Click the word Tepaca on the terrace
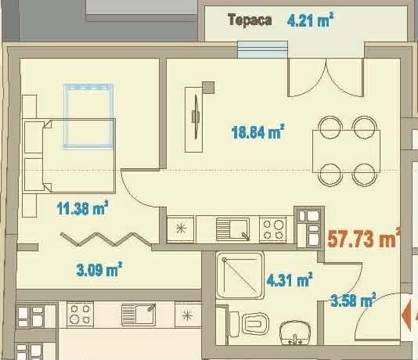pyautogui.click(x=250, y=20)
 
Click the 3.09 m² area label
pyautogui.click(x=99, y=270)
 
